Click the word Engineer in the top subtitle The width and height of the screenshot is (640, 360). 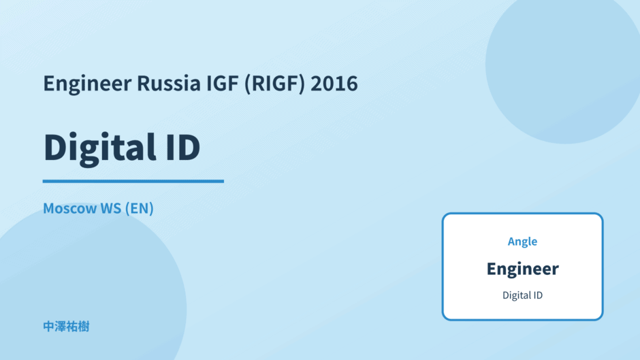pos(87,84)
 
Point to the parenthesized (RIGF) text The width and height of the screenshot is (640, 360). pos(274,84)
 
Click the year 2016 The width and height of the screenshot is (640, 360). pos(334,83)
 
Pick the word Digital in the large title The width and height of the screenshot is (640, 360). pos(99,148)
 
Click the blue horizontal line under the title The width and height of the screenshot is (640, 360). pos(133,181)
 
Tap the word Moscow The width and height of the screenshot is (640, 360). pos(70,208)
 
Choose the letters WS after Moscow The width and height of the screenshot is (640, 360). pos(110,208)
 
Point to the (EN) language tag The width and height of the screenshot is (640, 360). pos(139,208)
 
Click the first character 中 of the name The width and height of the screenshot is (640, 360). pos(49,327)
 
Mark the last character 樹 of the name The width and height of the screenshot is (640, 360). pos(83,327)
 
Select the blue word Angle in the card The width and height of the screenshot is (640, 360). pos(522,242)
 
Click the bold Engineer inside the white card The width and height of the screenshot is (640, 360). pos(522,269)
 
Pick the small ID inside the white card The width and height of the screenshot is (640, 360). pos(539,295)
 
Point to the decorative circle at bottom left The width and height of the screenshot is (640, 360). pos(90,294)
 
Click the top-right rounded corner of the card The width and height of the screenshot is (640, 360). pos(600,216)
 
